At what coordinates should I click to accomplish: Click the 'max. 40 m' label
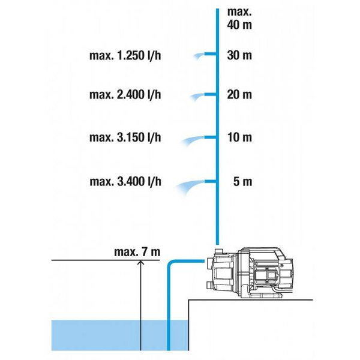[x=239, y=18]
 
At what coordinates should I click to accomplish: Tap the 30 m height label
[x=239, y=56]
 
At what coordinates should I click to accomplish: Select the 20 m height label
[x=239, y=95]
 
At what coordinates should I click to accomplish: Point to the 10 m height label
[x=239, y=137]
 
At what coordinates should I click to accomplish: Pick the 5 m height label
[x=243, y=181]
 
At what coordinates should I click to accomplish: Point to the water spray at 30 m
[x=197, y=56]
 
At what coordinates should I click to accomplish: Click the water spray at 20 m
[x=194, y=97]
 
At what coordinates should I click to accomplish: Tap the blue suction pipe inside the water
[x=169, y=333]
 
